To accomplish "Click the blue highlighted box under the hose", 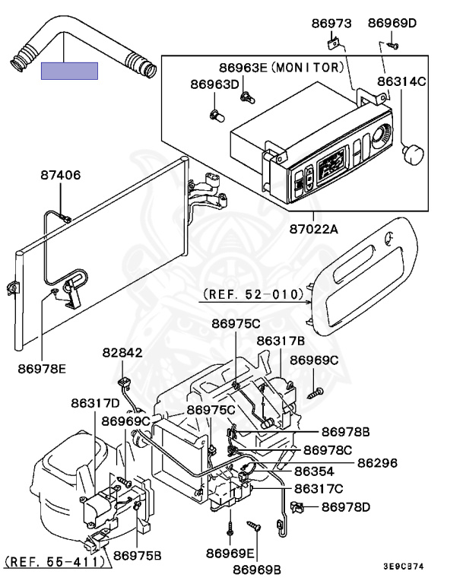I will (x=69, y=71).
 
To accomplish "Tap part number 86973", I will (x=331, y=24).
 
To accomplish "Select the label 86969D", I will (x=392, y=24).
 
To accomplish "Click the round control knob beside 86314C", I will (x=414, y=151).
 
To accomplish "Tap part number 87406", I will (x=61, y=176).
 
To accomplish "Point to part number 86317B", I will (x=280, y=341).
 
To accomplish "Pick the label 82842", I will (x=123, y=353).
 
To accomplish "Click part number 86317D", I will (x=96, y=403).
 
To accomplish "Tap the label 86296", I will (x=377, y=462).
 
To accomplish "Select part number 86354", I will (x=314, y=471).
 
